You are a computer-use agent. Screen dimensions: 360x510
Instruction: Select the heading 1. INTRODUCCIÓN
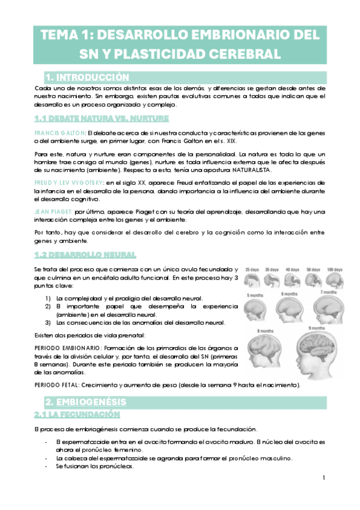(x=87, y=77)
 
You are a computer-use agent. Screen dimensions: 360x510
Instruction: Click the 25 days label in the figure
(x=252, y=270)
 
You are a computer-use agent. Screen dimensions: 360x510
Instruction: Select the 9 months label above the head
(x=316, y=328)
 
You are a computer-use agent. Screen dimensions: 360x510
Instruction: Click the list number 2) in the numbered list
(x=49, y=306)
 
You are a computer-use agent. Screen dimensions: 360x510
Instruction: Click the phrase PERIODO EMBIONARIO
(x=69, y=347)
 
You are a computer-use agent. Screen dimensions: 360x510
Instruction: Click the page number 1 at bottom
(x=324, y=478)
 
